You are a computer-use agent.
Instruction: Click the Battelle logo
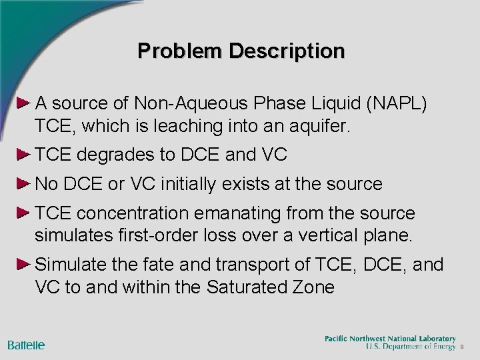point(27,345)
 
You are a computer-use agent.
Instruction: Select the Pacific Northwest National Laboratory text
point(390,339)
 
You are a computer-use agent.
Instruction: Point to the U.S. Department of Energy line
point(409,347)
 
